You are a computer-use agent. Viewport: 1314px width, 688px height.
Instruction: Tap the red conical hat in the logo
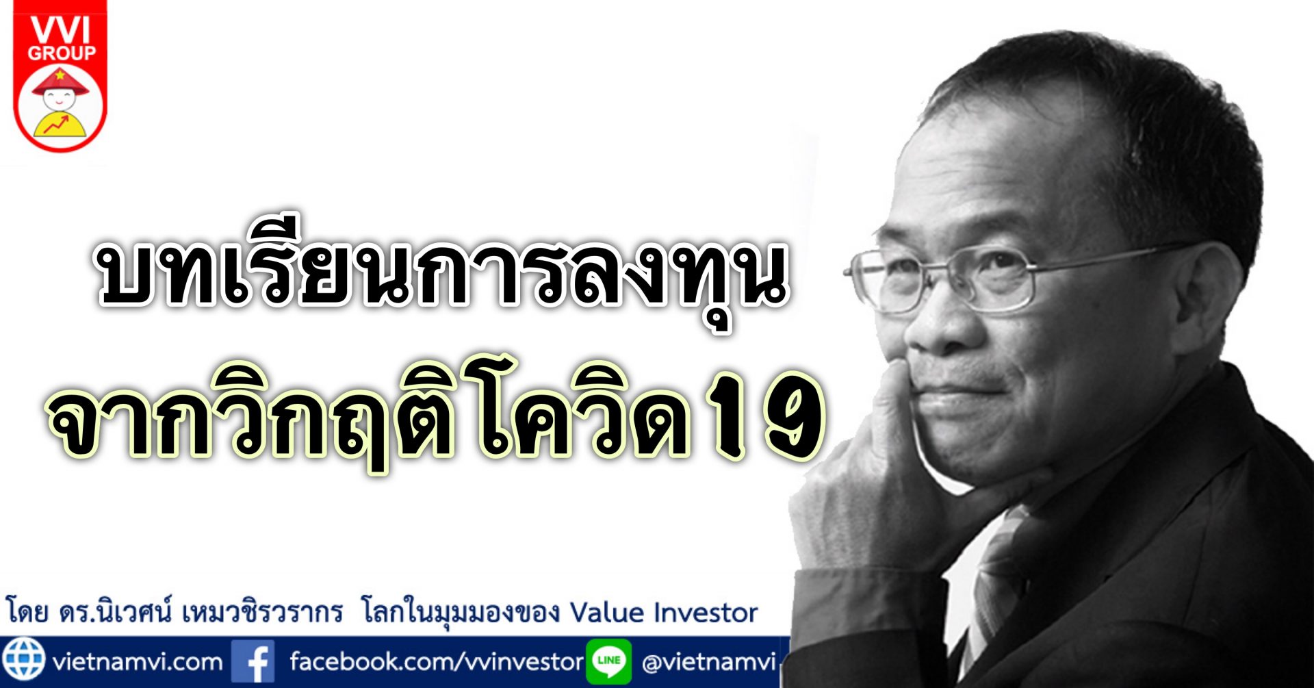point(60,81)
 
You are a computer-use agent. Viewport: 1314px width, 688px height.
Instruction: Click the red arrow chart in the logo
point(56,125)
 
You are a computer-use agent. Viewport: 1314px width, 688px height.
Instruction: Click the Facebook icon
point(253,661)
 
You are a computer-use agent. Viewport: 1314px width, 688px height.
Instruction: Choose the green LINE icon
point(608,661)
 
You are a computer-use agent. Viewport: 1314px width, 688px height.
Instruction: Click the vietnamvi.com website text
point(138,662)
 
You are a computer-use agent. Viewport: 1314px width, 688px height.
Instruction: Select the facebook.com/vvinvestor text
point(436,662)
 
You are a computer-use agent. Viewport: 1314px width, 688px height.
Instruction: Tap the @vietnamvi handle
point(708,662)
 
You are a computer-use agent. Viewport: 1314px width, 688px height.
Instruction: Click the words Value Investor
point(663,612)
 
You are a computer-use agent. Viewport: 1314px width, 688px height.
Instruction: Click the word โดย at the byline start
point(27,610)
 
